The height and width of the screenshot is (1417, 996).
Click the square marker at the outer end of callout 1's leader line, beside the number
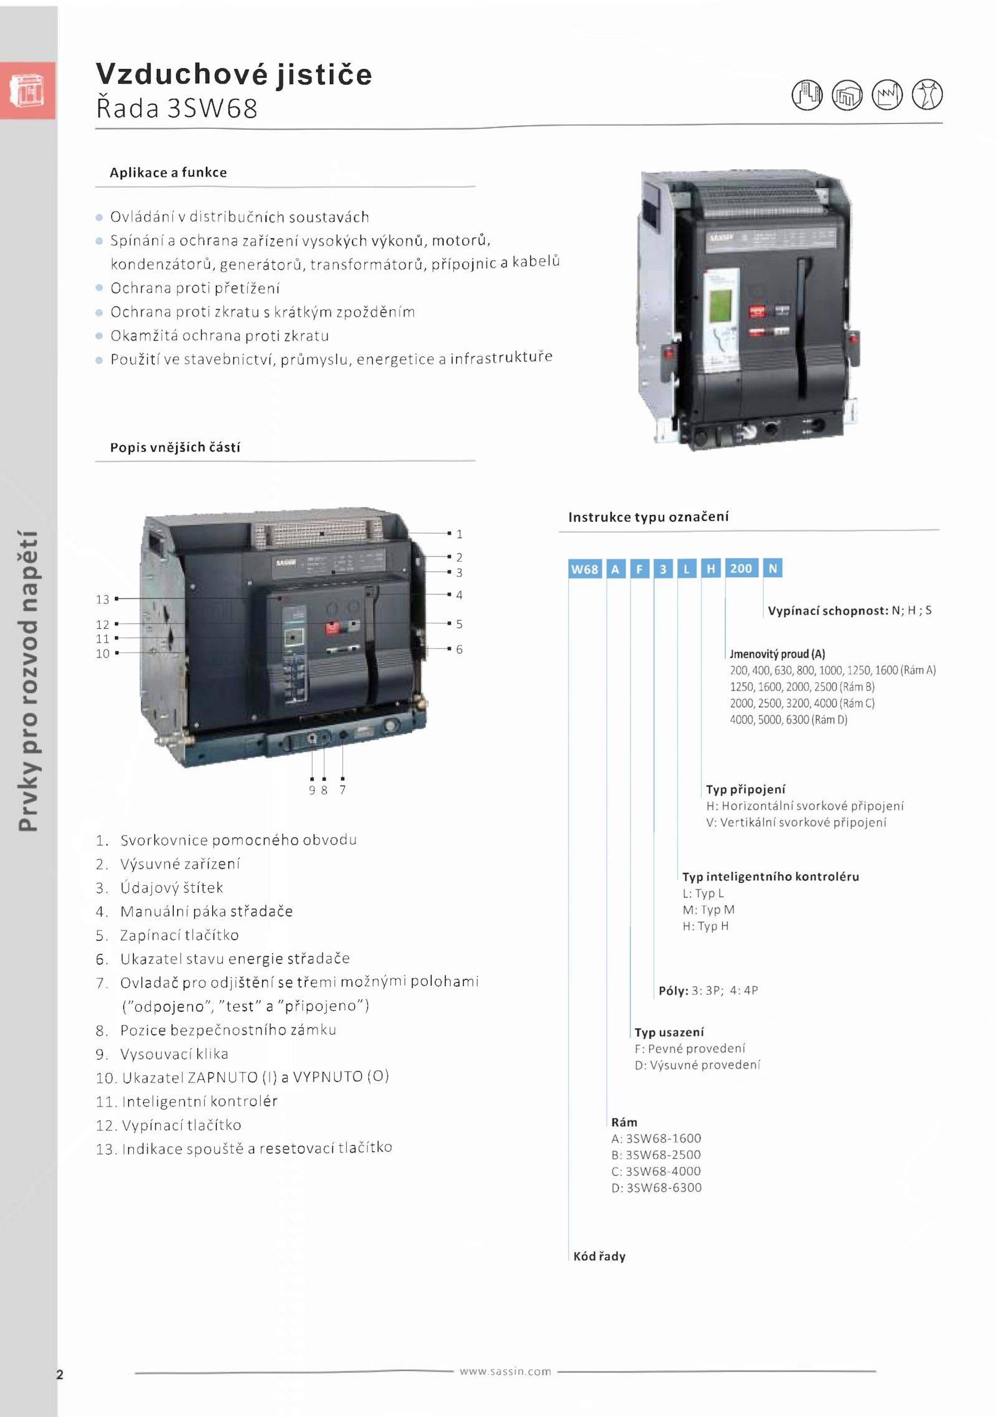[449, 533]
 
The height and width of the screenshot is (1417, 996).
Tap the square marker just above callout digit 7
[342, 778]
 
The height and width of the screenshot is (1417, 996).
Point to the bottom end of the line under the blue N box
[763, 618]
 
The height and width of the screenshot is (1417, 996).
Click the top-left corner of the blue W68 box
[568, 559]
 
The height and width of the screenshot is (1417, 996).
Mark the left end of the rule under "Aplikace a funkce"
[95, 187]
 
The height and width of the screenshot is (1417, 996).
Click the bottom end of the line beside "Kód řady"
[568, 1260]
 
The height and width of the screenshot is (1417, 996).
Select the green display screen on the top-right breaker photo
[720, 304]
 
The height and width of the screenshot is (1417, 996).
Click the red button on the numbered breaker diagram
[333, 627]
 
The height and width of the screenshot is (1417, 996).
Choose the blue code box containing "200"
[741, 568]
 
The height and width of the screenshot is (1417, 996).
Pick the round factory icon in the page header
[887, 95]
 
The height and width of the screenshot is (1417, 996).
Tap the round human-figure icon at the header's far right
[928, 95]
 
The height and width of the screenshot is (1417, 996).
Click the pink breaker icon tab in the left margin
[27, 90]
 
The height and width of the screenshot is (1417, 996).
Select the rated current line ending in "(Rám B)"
[802, 687]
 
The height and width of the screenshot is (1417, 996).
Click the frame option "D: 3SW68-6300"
[656, 1187]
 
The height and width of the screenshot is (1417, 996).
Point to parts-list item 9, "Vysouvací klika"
[162, 1054]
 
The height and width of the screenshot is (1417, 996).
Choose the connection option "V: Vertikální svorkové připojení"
[796, 822]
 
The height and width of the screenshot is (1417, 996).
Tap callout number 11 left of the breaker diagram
[103, 639]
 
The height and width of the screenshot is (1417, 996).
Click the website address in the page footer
[505, 1372]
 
